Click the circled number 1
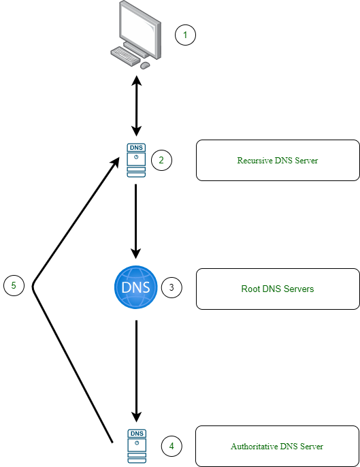185,35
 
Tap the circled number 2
161,160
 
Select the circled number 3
171,287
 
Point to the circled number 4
171,446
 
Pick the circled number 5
14,285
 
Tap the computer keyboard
125,56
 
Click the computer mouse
145,65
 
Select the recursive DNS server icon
136,160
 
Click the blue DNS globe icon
136,287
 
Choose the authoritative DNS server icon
137,446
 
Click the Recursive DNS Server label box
278,160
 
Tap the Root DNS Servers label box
278,289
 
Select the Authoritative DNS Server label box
277,446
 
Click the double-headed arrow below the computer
137,106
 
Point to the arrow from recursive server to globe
136,221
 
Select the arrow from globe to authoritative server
136,371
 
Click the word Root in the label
250,289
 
